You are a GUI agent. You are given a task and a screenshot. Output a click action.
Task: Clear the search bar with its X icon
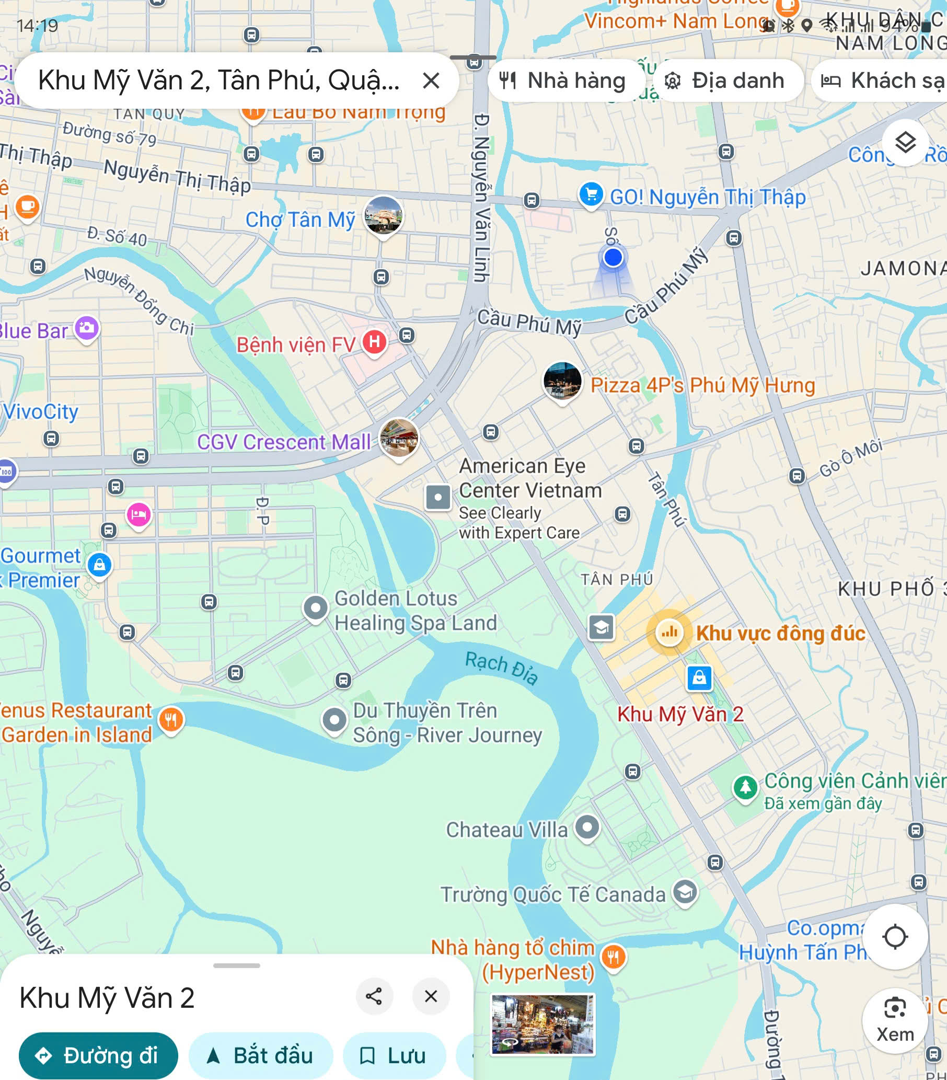431,81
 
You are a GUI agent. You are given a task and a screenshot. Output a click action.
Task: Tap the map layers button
905,143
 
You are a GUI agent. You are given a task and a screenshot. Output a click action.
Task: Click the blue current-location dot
613,258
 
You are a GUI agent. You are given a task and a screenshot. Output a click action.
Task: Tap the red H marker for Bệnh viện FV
374,341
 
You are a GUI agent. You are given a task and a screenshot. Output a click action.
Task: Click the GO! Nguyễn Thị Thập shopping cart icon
591,195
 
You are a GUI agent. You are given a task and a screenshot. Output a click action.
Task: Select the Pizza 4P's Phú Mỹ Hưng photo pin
562,381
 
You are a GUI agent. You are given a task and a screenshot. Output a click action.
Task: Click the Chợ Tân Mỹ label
300,220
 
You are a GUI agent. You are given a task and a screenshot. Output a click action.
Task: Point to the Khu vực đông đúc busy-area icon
669,632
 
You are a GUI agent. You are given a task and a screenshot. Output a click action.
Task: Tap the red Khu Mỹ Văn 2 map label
680,715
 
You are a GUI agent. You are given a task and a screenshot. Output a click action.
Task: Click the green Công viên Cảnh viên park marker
745,787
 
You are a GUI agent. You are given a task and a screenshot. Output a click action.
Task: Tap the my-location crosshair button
895,937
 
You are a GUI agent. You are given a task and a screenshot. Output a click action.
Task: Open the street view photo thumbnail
542,1024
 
